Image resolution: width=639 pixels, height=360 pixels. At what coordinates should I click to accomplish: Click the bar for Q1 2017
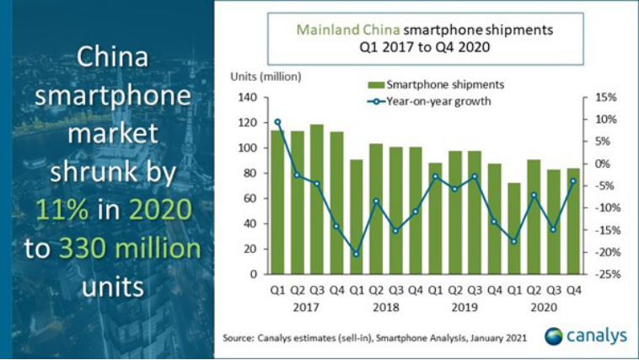point(277,202)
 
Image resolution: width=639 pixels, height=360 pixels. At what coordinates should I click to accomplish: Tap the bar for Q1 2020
point(514,228)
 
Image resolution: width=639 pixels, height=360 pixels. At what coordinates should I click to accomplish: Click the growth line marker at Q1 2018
point(357,254)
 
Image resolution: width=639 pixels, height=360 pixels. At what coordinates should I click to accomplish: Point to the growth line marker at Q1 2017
point(277,121)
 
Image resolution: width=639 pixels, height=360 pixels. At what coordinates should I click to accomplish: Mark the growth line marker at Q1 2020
point(514,241)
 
